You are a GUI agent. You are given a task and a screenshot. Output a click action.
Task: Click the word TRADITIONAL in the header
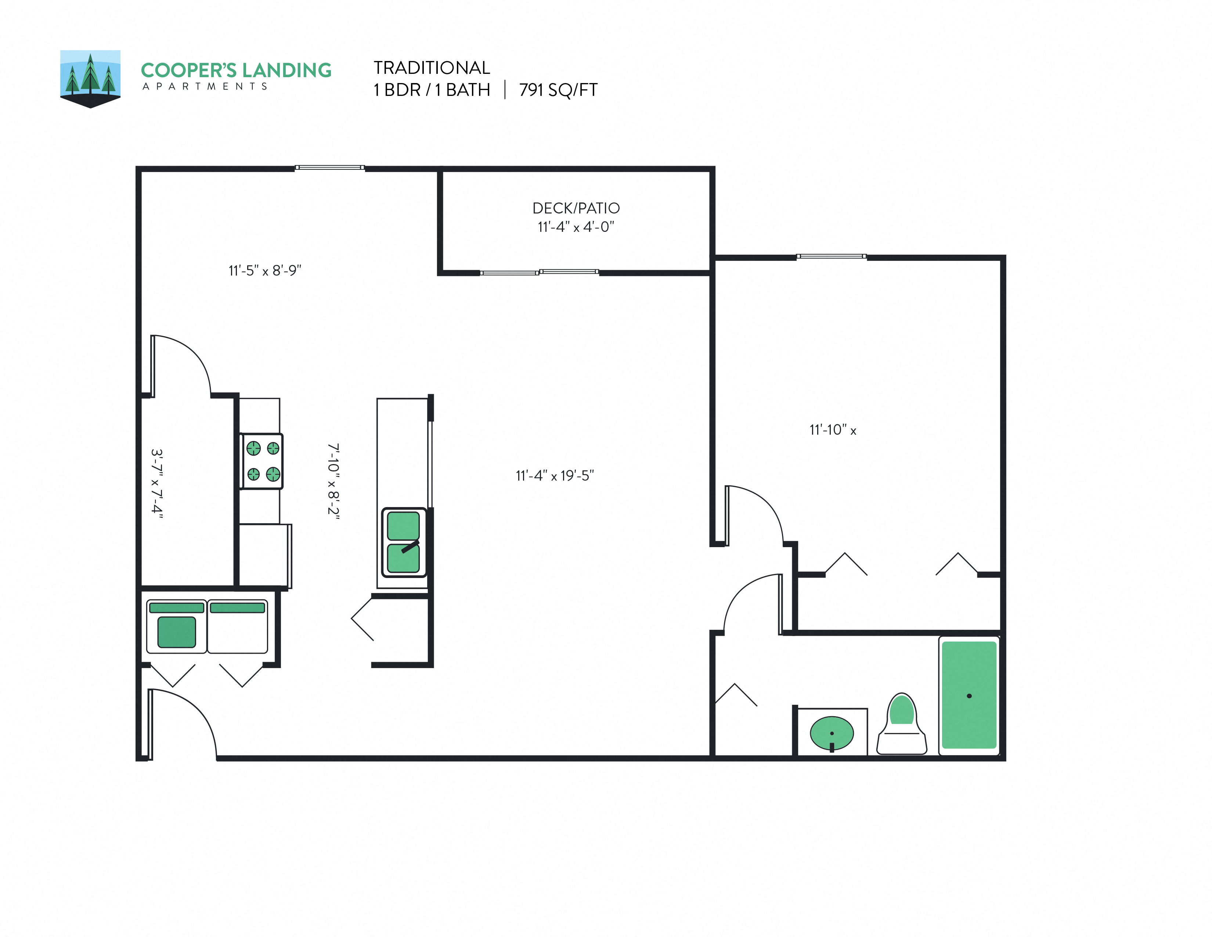click(x=431, y=68)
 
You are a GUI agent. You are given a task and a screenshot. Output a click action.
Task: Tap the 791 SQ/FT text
click(x=558, y=90)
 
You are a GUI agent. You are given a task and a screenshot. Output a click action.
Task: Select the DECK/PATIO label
click(x=576, y=208)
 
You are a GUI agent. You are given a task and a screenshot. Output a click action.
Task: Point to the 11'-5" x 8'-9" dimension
click(x=265, y=270)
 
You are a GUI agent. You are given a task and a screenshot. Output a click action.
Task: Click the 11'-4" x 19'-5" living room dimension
click(x=554, y=476)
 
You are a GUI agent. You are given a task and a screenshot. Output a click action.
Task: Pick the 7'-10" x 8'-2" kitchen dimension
click(x=333, y=481)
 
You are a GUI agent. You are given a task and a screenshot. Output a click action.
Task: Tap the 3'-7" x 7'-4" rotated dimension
click(x=157, y=484)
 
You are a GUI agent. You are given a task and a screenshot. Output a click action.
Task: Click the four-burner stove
click(x=262, y=461)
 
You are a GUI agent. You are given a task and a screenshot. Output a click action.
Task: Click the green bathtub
click(x=969, y=695)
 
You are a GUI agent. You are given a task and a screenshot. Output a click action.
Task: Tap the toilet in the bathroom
click(x=901, y=724)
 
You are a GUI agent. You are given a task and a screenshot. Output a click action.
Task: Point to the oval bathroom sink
click(x=831, y=733)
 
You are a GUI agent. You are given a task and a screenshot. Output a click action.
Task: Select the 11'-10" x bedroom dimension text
click(x=832, y=430)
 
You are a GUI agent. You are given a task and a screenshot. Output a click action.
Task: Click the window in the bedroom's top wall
click(x=831, y=256)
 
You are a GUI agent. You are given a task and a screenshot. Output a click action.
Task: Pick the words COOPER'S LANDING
click(x=236, y=71)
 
